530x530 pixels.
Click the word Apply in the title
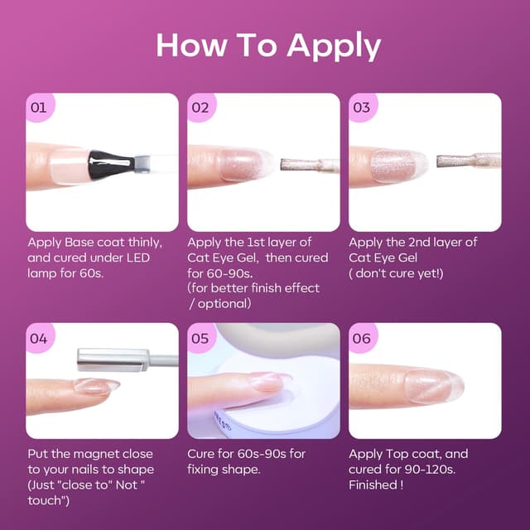(x=334, y=46)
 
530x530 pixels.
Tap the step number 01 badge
(x=39, y=107)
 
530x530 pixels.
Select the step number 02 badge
(x=200, y=107)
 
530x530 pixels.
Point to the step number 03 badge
(x=362, y=107)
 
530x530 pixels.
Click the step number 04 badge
(x=39, y=338)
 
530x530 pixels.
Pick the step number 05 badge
(x=200, y=338)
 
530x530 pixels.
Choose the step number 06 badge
(x=362, y=338)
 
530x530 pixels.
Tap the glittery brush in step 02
(x=309, y=165)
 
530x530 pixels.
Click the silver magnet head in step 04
(x=113, y=360)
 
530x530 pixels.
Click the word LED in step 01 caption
(x=138, y=258)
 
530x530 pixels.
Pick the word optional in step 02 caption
(x=223, y=304)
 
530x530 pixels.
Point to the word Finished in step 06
(x=373, y=484)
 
